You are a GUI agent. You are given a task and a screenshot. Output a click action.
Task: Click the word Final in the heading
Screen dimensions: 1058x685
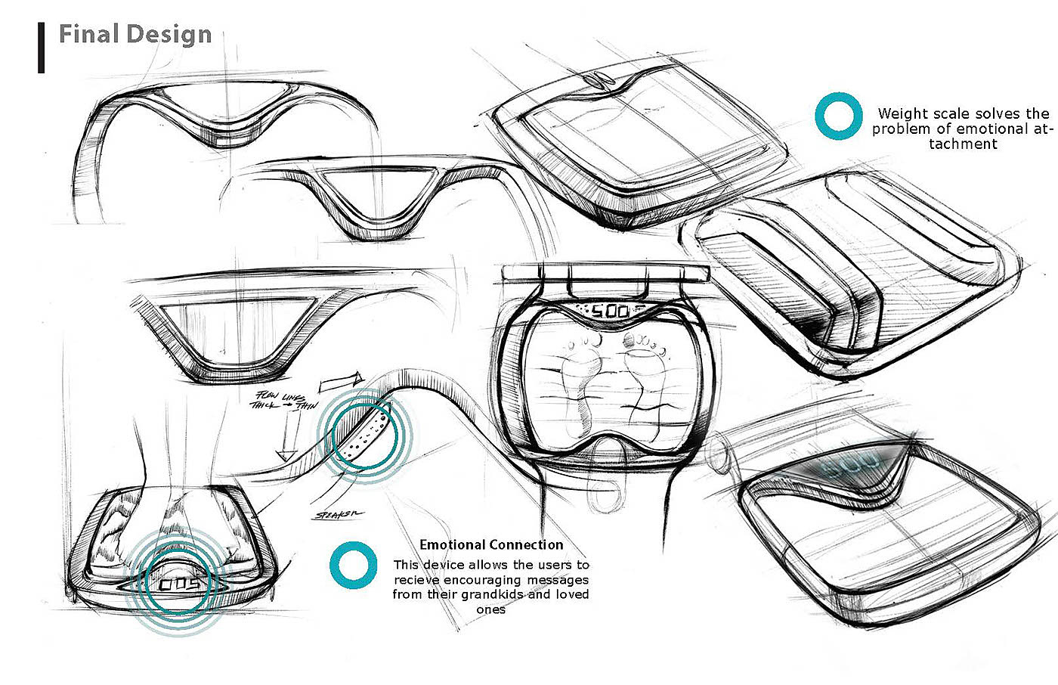88,34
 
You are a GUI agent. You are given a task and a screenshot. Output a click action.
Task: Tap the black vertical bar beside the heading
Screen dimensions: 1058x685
41,48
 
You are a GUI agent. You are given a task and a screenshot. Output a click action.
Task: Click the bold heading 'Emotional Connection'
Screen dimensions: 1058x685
491,544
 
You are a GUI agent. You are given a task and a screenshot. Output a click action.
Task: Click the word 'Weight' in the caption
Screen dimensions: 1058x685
902,114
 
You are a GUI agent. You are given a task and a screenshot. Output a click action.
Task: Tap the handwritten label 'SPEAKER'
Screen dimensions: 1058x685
339,515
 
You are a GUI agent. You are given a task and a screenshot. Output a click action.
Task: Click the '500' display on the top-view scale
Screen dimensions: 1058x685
609,311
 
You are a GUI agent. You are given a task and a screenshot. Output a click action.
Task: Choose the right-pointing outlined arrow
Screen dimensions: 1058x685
342,383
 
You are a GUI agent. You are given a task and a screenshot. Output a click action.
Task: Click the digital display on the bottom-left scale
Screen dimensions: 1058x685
179,585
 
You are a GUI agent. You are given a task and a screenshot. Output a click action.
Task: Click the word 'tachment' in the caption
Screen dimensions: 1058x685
963,144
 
